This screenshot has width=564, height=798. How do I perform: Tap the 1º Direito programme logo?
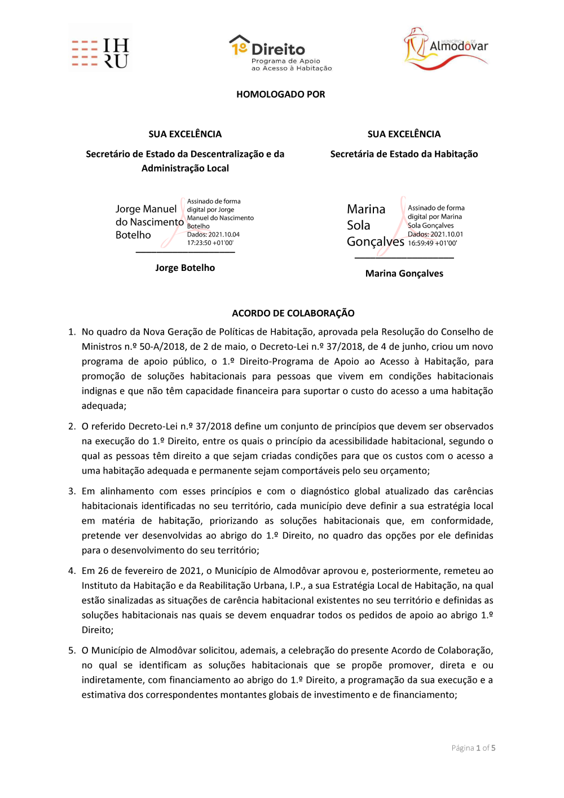[x=280, y=53]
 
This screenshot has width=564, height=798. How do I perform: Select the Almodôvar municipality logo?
[x=446, y=49]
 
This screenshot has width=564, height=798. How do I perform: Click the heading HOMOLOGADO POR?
[x=280, y=94]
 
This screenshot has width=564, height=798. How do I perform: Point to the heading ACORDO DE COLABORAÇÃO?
[x=293, y=313]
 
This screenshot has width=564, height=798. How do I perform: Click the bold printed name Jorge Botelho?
[x=185, y=268]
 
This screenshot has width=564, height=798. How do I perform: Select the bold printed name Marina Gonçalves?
[x=404, y=273]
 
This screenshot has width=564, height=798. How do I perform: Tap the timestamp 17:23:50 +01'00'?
[x=210, y=243]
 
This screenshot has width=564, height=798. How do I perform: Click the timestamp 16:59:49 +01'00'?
[x=432, y=243]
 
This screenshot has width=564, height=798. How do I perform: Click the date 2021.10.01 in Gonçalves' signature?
[x=447, y=234]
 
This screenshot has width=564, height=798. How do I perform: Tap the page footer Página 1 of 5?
[x=473, y=748]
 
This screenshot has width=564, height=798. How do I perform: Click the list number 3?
[x=72, y=491]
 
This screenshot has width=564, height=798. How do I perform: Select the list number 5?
[x=72, y=650]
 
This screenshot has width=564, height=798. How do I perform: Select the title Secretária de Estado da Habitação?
[x=404, y=154]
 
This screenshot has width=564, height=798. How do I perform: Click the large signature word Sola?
[x=359, y=225]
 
